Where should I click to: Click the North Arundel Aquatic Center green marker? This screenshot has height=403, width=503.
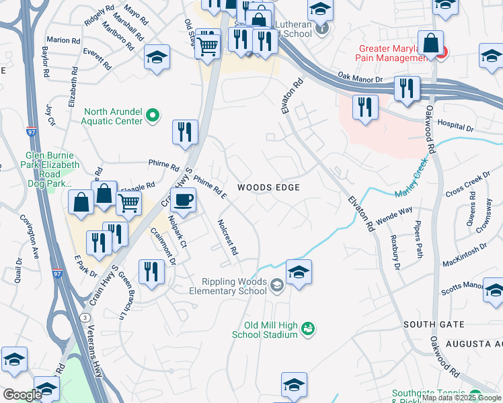click(153, 116)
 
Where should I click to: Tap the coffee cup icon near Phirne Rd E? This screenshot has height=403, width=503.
click(183, 199)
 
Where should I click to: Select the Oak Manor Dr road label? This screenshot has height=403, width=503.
click(360, 79)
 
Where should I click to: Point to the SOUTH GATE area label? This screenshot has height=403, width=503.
click(434, 324)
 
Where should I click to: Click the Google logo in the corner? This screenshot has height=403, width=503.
click(22, 394)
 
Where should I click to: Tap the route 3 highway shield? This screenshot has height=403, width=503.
click(84, 316)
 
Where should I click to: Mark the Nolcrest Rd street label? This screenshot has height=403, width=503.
click(227, 238)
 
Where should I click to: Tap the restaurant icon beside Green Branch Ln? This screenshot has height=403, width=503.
click(151, 272)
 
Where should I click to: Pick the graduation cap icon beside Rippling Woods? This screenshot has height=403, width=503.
click(299, 272)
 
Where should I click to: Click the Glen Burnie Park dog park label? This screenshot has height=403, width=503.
click(53, 173)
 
